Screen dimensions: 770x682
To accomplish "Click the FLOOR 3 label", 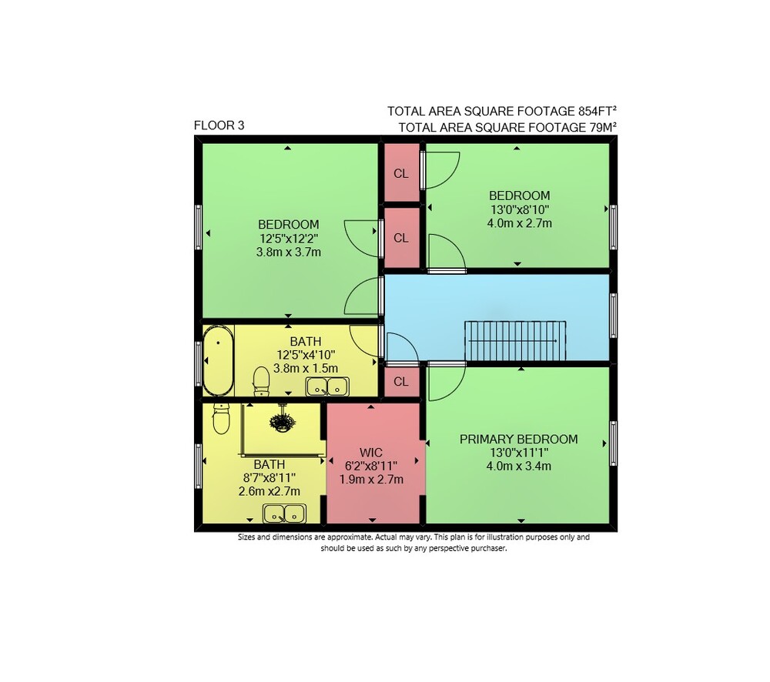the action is click(x=219, y=125).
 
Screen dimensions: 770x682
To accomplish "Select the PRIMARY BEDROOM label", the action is click(x=518, y=439).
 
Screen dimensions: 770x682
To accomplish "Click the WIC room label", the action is click(x=371, y=452).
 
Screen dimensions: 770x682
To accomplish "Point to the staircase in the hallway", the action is click(x=515, y=341).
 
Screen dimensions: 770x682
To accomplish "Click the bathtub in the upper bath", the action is click(x=218, y=360).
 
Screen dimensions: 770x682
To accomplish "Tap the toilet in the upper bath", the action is click(x=261, y=381).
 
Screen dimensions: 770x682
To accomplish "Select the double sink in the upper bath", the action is click(x=327, y=386).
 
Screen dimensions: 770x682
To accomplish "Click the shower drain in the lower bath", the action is click(x=282, y=423).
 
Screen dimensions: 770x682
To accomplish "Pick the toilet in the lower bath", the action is click(x=222, y=419).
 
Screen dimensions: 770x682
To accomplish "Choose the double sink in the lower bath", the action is click(x=284, y=513).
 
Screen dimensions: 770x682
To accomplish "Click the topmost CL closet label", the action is click(x=401, y=173).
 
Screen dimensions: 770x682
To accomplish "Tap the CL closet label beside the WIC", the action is click(x=401, y=382).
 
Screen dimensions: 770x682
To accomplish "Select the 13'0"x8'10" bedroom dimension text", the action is click(x=520, y=209).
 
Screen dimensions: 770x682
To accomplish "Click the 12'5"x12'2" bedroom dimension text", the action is click(x=289, y=239).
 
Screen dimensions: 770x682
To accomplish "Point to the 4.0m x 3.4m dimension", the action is click(x=518, y=466).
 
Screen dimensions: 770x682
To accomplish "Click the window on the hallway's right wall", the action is click(x=614, y=316).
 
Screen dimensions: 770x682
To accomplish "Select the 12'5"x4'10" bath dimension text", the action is click(x=306, y=355).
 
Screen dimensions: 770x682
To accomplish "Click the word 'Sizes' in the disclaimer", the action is click(x=247, y=537).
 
